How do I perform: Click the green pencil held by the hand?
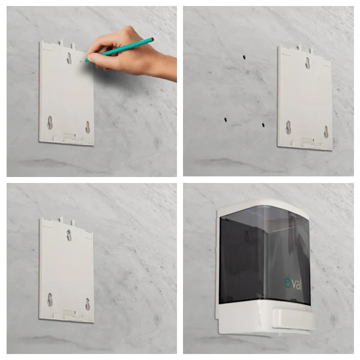(x=118, y=50)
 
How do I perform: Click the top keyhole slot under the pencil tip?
(x=69, y=58)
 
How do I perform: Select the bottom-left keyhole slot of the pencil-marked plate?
(x=50, y=122)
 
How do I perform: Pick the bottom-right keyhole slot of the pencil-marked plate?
(x=88, y=127)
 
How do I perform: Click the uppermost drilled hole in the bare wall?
(x=244, y=57)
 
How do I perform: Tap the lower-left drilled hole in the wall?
(x=226, y=119)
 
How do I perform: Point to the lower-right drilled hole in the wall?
(x=263, y=125)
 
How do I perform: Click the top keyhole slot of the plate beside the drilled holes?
(x=307, y=63)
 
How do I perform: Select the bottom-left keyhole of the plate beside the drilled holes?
(x=288, y=127)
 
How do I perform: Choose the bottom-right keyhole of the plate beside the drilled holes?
(x=326, y=132)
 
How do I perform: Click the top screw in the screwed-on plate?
(x=69, y=232)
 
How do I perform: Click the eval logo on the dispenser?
(x=293, y=284)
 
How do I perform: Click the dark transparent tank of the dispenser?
(x=264, y=255)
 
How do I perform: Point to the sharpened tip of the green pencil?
(x=81, y=62)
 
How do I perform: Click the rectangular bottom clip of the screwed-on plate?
(x=70, y=313)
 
